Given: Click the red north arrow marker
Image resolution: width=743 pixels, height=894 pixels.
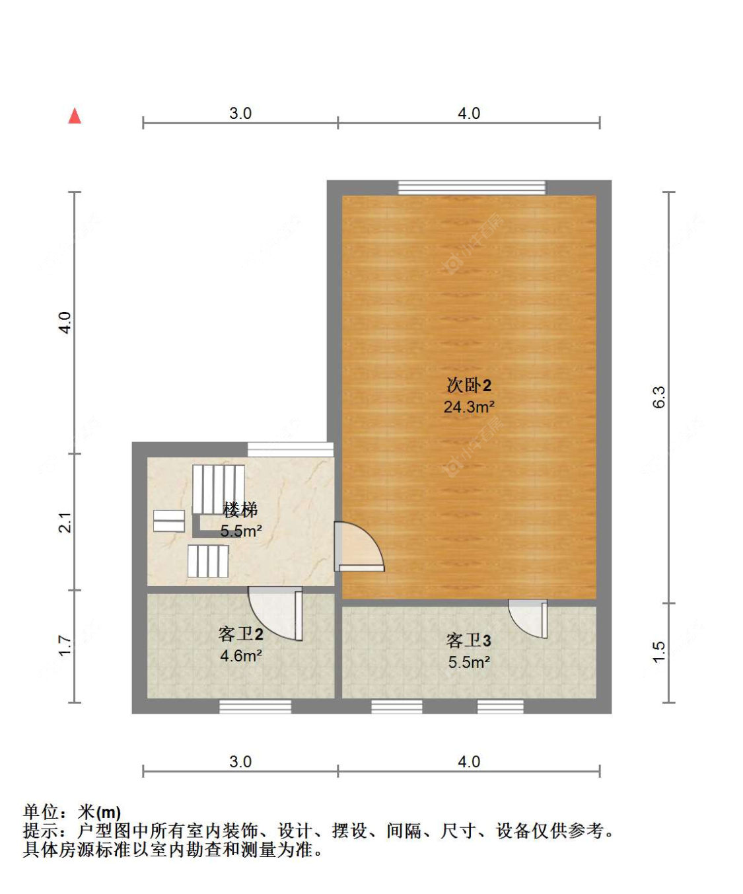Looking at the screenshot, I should tap(75, 116).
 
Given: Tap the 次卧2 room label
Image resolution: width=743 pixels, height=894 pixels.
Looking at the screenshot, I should tap(468, 385).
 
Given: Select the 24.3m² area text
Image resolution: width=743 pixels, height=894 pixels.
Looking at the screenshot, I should tap(468, 407).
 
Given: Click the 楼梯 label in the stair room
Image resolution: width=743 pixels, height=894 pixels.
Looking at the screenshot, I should tap(240, 509).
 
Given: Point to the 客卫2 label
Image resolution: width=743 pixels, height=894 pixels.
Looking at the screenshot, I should tap(240, 634).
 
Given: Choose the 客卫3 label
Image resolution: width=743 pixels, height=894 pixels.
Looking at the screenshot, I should tap(468, 640).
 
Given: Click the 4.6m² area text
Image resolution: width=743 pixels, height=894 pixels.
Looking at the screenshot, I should tap(240, 656).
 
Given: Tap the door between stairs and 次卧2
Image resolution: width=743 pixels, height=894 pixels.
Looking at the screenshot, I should tap(357, 546).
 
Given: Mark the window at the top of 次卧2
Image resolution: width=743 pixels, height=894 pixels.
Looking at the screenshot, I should tap(472, 187).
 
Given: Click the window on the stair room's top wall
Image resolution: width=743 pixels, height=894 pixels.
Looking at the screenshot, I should tap(290, 449).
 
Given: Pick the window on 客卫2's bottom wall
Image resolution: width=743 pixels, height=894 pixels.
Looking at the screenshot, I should tap(255, 707).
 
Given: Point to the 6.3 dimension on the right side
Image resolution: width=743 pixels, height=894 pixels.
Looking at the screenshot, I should tap(658, 397).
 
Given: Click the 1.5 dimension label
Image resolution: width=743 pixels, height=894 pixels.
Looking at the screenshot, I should tap(658, 652).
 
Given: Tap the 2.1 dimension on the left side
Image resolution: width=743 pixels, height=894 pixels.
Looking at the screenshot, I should tap(65, 522).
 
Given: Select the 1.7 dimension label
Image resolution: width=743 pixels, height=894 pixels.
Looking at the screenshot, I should tap(65, 646).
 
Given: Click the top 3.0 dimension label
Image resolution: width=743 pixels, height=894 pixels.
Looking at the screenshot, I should tap(240, 113).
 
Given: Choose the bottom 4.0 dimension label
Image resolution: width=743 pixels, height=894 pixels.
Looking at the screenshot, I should tap(469, 761).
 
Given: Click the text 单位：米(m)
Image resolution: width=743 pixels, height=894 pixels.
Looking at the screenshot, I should tap(72, 812).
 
